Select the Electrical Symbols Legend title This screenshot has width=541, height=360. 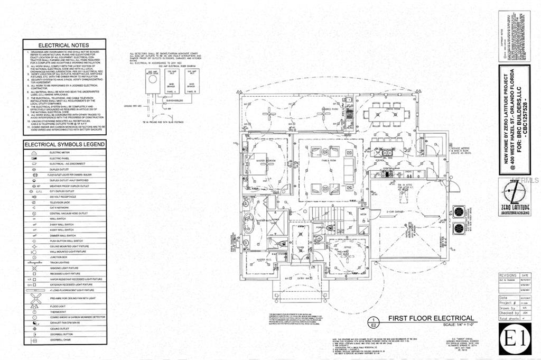click(x=64, y=144)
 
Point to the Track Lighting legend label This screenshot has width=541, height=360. click(x=59, y=263)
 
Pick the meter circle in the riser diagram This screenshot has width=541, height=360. click(x=152, y=78)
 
